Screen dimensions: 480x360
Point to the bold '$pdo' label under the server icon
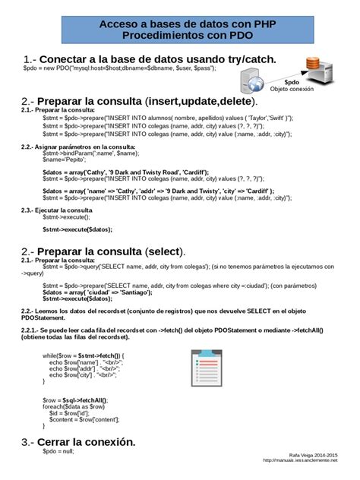292,80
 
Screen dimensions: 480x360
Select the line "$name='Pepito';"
64,159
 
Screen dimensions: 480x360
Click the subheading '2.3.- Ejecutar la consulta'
57,209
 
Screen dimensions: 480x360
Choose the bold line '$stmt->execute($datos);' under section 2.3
77,229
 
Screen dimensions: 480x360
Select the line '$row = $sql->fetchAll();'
76,399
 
